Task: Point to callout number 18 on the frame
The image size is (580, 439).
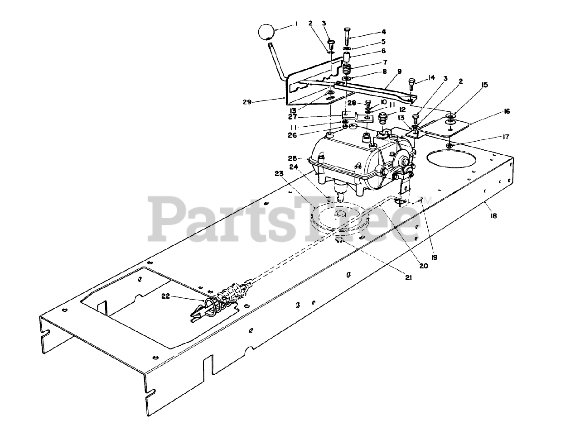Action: (493, 216)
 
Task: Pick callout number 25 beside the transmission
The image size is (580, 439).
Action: (292, 158)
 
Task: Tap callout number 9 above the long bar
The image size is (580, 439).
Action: (399, 72)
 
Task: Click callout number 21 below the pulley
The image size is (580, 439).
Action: (408, 278)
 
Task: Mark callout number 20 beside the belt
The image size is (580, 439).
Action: (423, 266)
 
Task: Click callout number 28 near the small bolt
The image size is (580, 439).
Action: (352, 103)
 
